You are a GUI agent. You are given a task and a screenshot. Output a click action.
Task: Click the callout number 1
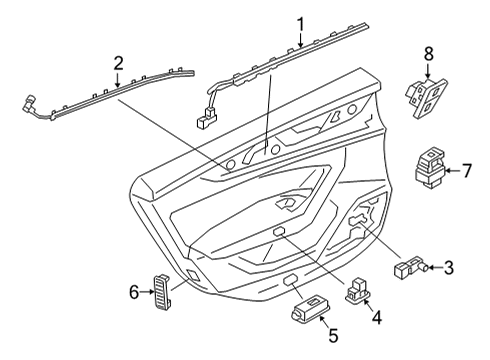[x=301, y=25]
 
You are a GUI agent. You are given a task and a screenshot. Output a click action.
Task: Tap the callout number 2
[x=119, y=64]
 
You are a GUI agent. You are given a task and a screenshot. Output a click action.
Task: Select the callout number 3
[x=449, y=268]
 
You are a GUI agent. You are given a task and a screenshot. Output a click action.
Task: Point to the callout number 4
[x=377, y=318]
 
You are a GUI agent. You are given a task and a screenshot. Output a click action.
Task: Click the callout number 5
[x=334, y=335]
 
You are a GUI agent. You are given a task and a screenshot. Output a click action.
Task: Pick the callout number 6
[x=134, y=292]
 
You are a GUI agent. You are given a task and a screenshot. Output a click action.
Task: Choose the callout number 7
[x=467, y=170]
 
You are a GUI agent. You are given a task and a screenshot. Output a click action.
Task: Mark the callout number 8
[x=429, y=54]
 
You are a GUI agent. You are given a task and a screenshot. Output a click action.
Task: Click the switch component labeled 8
[x=426, y=98]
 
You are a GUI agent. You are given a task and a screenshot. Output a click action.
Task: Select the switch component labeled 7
[x=429, y=167]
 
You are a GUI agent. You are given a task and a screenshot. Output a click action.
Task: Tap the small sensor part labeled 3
[x=410, y=267]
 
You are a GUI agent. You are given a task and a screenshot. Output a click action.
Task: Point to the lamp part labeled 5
[x=309, y=309]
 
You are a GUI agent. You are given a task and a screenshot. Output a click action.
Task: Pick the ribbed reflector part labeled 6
[x=163, y=291]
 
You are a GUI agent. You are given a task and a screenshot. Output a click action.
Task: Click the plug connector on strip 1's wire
[x=207, y=118]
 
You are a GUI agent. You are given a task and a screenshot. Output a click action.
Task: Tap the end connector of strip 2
[x=29, y=103]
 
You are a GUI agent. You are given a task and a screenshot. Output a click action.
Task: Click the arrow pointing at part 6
[x=146, y=292]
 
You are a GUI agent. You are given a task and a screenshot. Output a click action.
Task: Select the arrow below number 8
[x=428, y=71]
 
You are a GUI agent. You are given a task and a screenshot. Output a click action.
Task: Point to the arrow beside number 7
[x=453, y=170]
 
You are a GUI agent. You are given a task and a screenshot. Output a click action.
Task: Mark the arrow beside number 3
[x=436, y=267]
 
